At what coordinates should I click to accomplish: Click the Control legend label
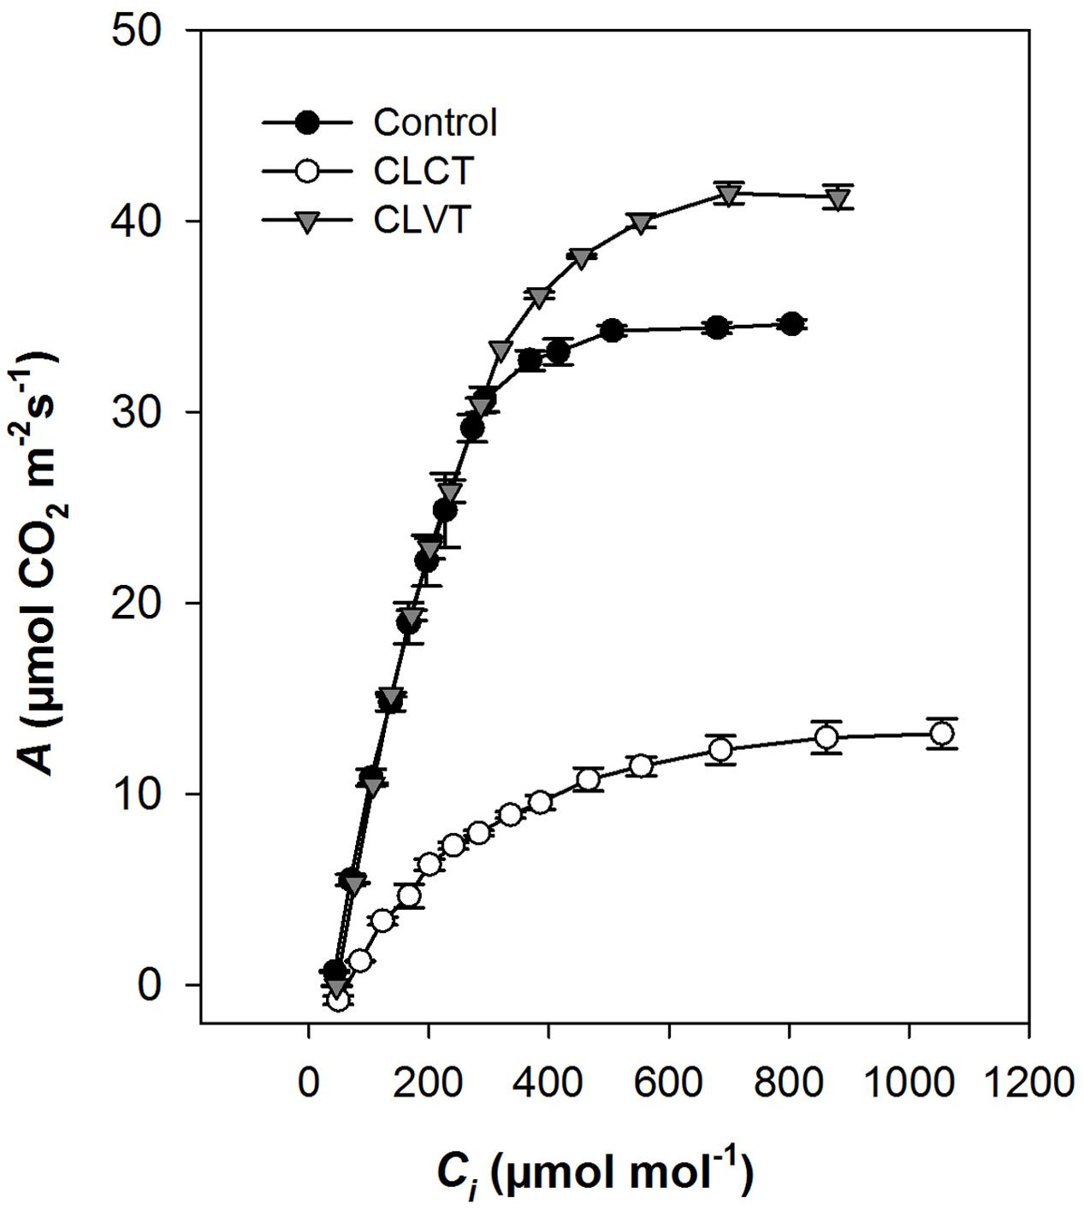pos(435,123)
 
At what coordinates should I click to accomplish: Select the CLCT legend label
pos(423,172)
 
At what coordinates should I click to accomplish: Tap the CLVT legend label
pos(423,221)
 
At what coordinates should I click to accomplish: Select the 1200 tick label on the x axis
pos(1028,1083)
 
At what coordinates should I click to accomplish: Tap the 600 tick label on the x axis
pos(668,1083)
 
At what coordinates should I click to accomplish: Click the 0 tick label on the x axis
pos(309,1083)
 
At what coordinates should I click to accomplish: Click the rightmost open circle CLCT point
pos(941,734)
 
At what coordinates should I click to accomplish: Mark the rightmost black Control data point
pos(791,324)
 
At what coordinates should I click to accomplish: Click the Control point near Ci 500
pos(612,331)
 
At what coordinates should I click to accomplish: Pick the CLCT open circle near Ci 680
pos(720,750)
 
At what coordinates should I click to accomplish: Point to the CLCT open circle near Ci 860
pos(826,737)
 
